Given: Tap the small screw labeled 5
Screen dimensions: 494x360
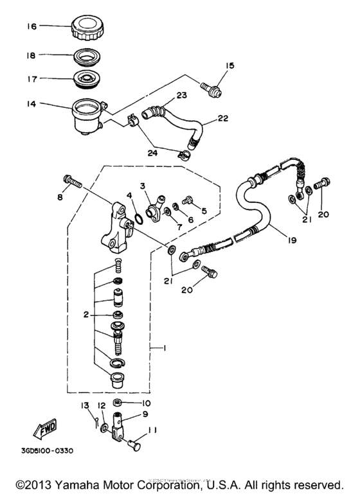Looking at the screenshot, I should tap(188, 201).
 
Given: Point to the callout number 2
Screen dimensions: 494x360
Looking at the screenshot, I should tap(85, 316).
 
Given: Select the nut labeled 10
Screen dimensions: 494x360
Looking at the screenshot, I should tap(118, 403).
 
